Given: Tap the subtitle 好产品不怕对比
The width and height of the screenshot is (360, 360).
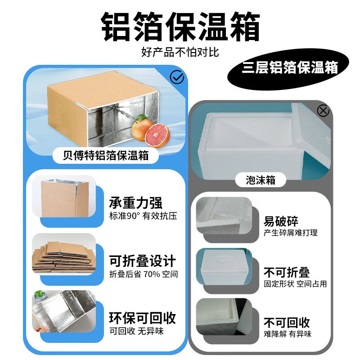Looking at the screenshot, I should coord(180,53).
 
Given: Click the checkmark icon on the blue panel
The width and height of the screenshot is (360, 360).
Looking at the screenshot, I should coord(177,78).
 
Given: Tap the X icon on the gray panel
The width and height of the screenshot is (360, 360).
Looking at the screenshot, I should coord(323,110).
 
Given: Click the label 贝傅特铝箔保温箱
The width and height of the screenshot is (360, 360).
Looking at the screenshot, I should coord(106,156).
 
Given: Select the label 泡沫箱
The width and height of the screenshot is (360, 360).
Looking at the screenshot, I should coord(261,180).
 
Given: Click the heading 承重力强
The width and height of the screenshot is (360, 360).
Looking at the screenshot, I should coord(135,203).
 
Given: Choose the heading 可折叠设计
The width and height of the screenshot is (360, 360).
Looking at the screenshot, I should coord(142,261).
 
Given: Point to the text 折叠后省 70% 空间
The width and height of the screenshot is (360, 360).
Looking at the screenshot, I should coord(144,274).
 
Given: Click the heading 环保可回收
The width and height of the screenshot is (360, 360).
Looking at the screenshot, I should coord(142,318).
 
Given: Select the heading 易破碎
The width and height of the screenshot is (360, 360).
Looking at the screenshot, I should coord(281,220).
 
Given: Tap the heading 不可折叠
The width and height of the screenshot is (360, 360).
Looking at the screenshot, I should coord(287,272).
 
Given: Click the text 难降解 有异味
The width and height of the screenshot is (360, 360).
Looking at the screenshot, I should coord(287,334).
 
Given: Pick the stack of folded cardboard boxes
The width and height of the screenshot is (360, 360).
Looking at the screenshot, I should coord(63,254).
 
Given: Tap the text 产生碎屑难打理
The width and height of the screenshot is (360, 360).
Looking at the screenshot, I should coord(290,233).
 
